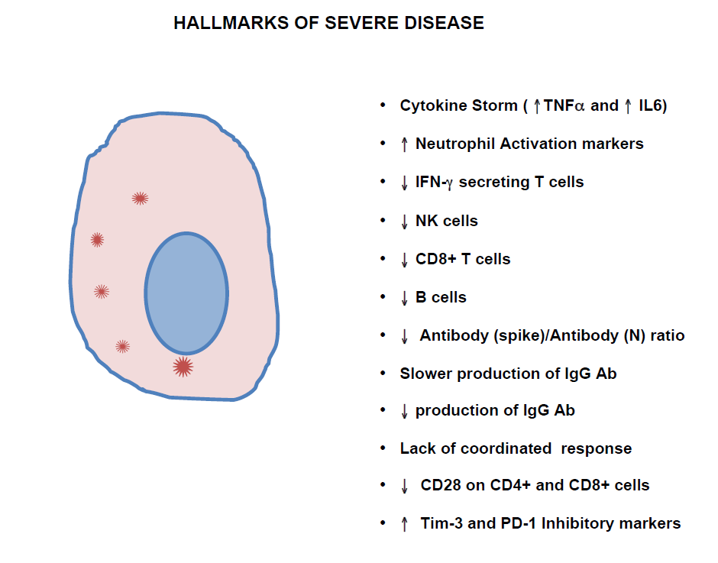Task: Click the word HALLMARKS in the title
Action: coord(231,23)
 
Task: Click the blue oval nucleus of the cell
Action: coord(186,293)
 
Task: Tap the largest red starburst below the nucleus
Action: coord(183,367)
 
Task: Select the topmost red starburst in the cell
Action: coord(140,199)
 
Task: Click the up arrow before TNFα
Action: coord(537,106)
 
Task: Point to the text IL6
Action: coord(650,105)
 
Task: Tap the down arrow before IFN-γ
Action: coord(404,183)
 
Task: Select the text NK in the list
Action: coord(426,221)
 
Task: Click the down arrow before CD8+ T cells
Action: coord(404,259)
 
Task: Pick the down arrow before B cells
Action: coord(404,298)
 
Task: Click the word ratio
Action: coord(668,335)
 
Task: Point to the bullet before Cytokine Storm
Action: coord(383,105)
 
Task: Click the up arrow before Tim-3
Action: coord(404,524)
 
